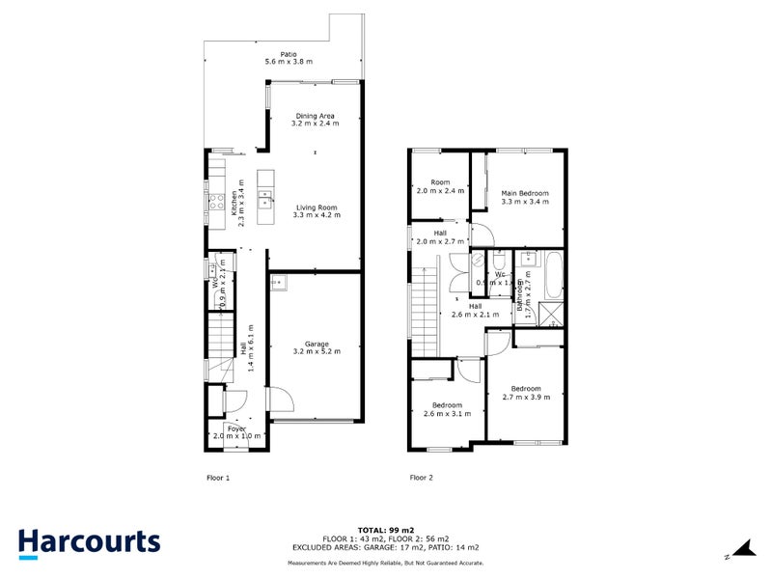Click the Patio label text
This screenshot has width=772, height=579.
click(x=288, y=55)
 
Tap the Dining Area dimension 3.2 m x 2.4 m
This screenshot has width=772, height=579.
click(x=315, y=124)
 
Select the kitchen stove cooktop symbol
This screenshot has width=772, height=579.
click(x=216, y=203)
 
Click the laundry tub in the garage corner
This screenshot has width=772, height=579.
click(x=279, y=283)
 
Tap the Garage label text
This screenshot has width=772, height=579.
click(x=317, y=345)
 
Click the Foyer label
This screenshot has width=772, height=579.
click(x=236, y=427)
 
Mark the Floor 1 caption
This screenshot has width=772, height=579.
click(x=219, y=477)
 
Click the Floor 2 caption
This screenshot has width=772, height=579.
click(x=422, y=477)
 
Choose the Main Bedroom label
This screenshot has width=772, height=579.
click(x=525, y=193)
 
